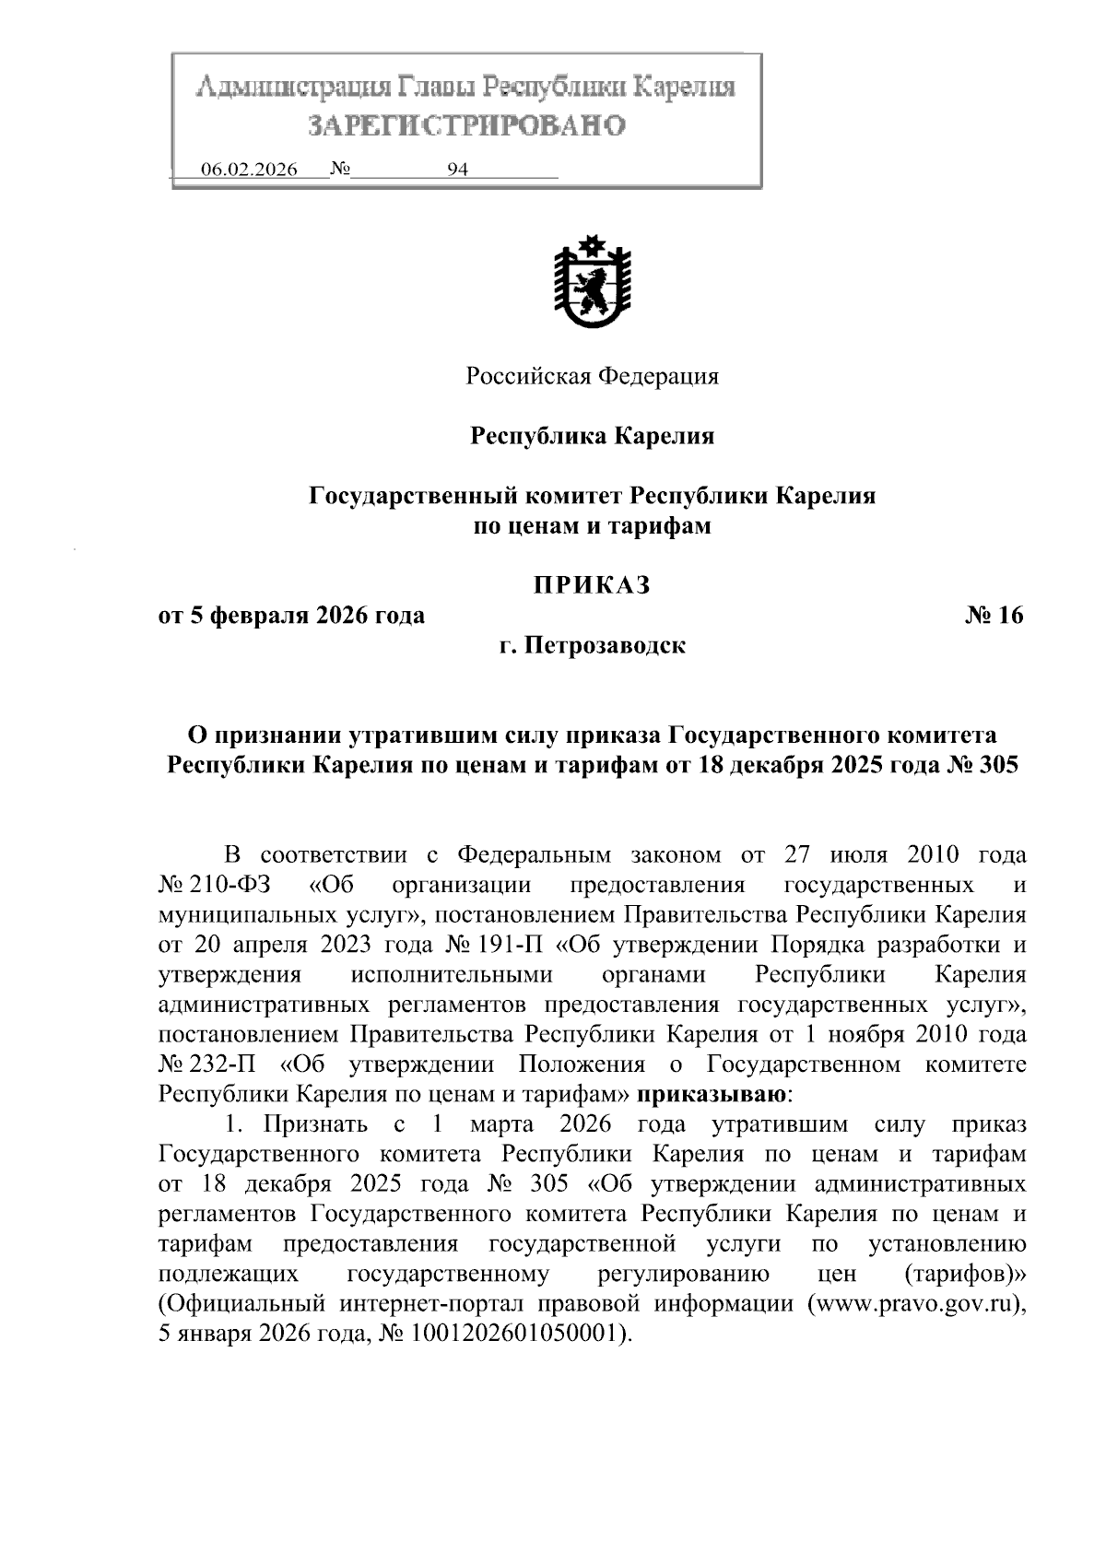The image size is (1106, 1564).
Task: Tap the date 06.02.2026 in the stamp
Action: pos(249,171)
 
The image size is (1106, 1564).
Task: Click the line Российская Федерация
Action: pos(592,376)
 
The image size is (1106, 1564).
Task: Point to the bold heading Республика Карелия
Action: pos(593,436)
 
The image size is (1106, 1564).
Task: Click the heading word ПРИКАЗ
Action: pos(593,584)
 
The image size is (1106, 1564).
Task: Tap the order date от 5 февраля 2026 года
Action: pos(292,616)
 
